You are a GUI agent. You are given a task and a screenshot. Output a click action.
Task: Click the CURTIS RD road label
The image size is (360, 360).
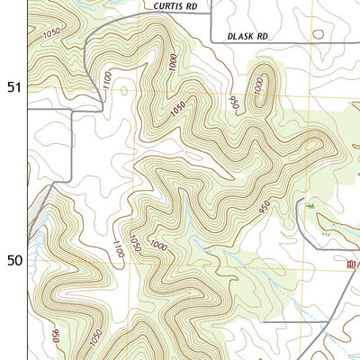175,5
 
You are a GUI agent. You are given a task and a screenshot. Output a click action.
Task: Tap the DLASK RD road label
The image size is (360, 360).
248,38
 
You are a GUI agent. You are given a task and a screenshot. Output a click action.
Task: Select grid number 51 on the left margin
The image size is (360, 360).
13,87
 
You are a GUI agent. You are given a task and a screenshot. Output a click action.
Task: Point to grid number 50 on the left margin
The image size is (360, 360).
13,261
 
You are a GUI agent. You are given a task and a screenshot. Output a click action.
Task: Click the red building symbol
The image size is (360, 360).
351,264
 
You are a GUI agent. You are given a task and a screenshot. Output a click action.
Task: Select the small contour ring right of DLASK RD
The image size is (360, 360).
317,37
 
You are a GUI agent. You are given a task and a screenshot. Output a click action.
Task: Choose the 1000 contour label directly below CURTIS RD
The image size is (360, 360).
173,63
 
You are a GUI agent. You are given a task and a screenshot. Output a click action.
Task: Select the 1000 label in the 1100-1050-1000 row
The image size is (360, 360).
159,246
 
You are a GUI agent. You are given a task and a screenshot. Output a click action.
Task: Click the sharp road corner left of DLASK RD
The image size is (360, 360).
212,40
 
